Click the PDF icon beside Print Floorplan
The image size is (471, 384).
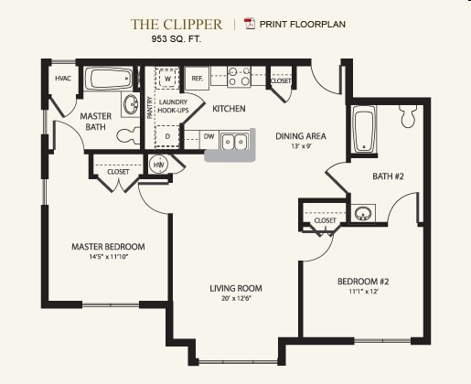[250, 24]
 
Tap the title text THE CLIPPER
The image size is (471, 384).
[177, 25]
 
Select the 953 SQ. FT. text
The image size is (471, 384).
[177, 39]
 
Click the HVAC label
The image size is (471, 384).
[63, 79]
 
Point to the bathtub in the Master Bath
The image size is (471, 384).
[108, 79]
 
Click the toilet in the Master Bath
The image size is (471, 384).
[128, 135]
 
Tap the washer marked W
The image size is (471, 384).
[167, 79]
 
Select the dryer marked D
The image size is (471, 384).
[167, 136]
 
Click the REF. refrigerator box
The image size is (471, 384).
[198, 79]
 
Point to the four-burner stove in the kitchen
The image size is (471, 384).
[239, 77]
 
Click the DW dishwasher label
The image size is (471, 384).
[209, 136]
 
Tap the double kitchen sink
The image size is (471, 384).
[234, 142]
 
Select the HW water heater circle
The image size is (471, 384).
[158, 165]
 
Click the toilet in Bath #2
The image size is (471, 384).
[409, 116]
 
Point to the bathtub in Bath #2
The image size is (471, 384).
[364, 129]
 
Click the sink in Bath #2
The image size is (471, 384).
[363, 213]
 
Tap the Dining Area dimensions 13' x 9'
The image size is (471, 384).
[301, 145]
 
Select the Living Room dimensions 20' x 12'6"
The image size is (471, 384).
[236, 298]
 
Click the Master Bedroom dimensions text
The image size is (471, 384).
[108, 257]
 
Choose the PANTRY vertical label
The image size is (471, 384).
[150, 108]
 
